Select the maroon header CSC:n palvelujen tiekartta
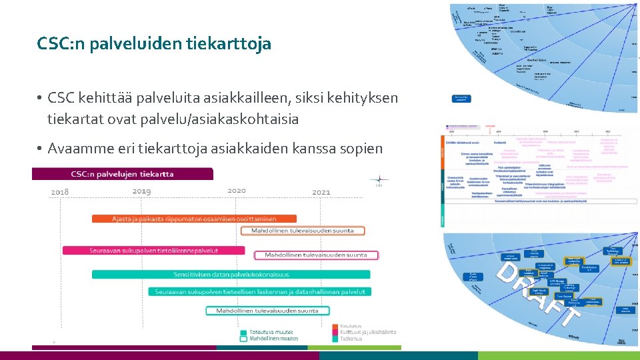tap(123, 174)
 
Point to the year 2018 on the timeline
tap(60, 192)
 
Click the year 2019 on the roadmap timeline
tap(141, 191)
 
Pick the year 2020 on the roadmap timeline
tap(236, 190)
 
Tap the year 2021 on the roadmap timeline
tap(321, 192)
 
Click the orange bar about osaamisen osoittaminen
tap(194, 219)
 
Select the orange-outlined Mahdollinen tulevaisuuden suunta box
tap(303, 231)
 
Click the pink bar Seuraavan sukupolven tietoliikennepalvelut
tap(153, 251)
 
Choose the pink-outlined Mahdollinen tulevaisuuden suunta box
tap(316, 255)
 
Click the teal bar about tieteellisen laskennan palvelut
tap(259, 291)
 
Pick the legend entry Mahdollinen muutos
tap(273, 338)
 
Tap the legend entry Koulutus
tap(351, 326)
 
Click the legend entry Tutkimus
tap(351, 338)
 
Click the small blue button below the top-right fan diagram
tap(461, 99)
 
